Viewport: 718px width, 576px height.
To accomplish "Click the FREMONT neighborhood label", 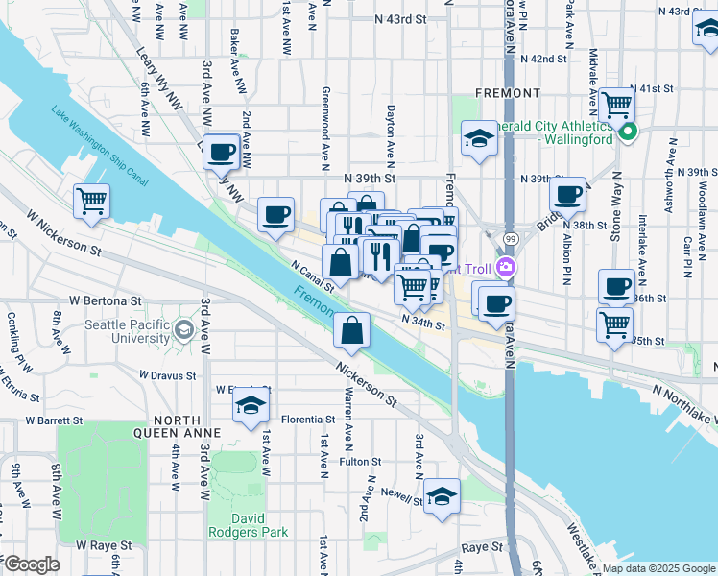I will coord(508,93).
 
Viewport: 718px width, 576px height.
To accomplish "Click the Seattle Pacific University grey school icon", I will coord(182,332).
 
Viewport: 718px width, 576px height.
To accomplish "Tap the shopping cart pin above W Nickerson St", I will coord(93,202).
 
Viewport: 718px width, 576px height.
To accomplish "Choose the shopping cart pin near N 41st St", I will coord(616,104).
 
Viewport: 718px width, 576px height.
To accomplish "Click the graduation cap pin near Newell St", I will coord(442,496).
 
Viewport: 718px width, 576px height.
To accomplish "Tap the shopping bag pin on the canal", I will coord(352,330).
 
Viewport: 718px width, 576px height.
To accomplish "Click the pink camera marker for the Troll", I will coord(507,268).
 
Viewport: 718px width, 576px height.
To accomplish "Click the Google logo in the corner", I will coord(32,564).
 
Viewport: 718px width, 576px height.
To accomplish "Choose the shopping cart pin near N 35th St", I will coord(614,324).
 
